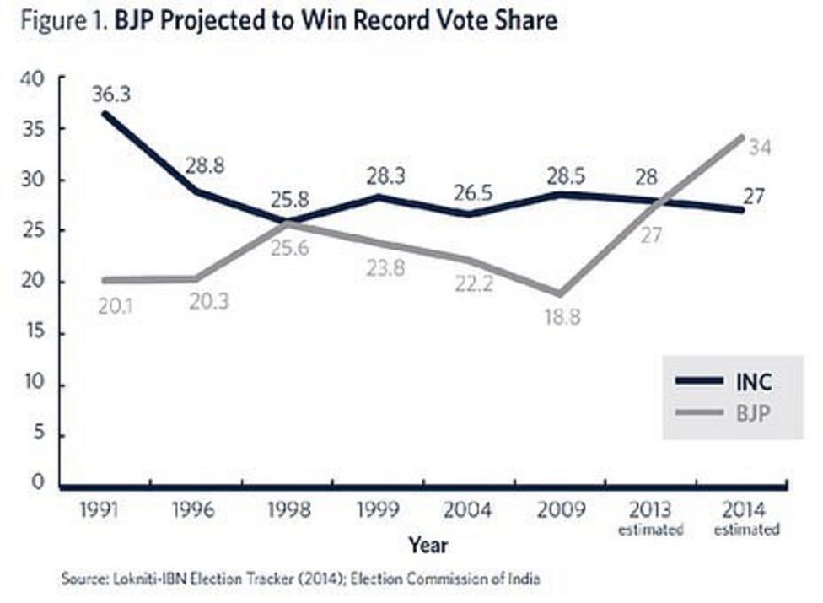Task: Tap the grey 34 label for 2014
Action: coord(759,148)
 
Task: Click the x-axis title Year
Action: coord(428,546)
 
